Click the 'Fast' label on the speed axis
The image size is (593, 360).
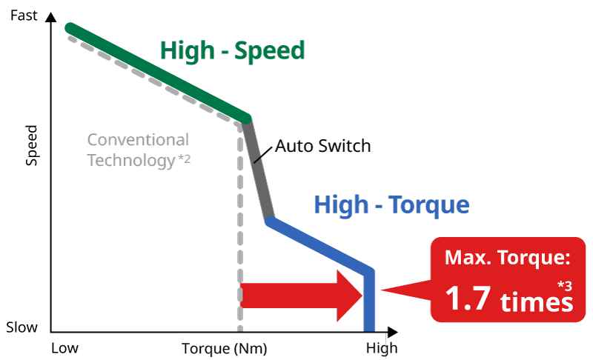pyautogui.click(x=24, y=13)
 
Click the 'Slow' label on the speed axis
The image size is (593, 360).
pyautogui.click(x=22, y=327)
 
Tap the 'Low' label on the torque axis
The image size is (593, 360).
pyautogui.click(x=64, y=348)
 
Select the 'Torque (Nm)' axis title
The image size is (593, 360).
pyautogui.click(x=224, y=348)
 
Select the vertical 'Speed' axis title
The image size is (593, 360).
pyautogui.click(x=31, y=144)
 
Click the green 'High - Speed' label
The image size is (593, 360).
pyautogui.click(x=232, y=50)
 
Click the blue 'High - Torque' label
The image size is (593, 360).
pyautogui.click(x=391, y=204)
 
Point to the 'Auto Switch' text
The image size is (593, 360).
pyautogui.click(x=322, y=145)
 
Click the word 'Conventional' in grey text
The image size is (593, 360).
pyautogui.click(x=138, y=139)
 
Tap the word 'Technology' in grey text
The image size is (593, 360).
pyautogui.click(x=130, y=159)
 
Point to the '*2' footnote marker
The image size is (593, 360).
pyautogui.click(x=184, y=158)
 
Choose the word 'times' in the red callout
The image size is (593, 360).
pyautogui.click(x=536, y=302)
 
